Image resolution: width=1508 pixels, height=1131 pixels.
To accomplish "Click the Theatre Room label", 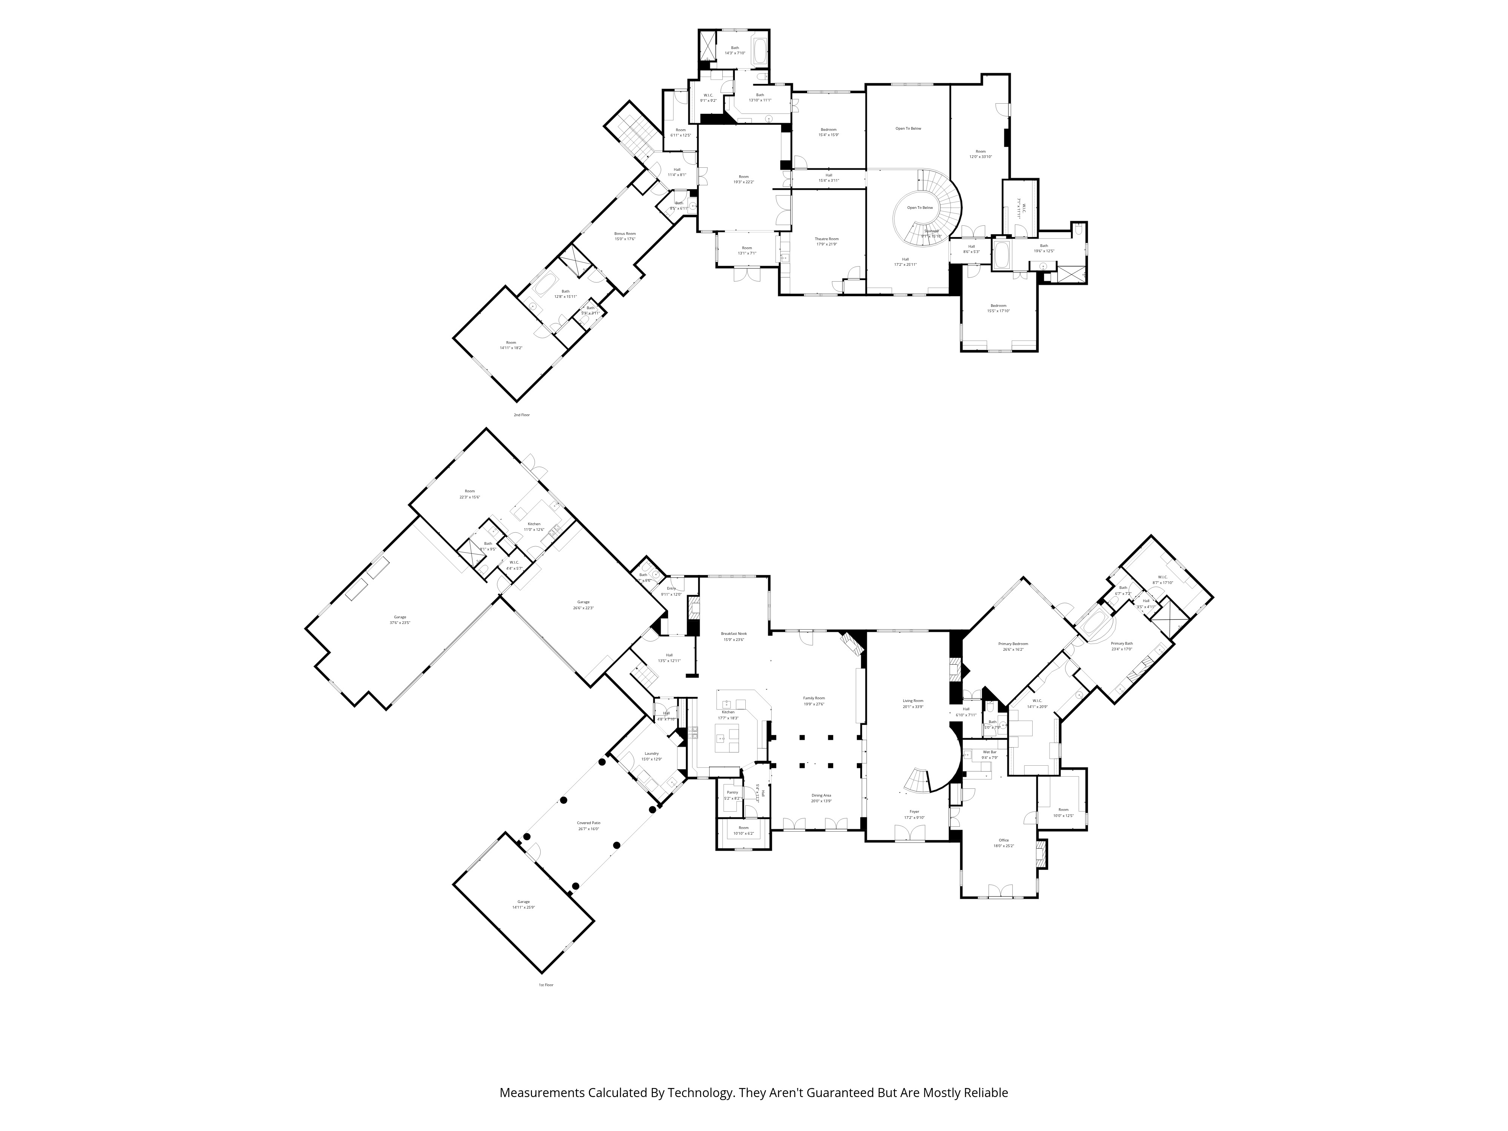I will tap(826, 239).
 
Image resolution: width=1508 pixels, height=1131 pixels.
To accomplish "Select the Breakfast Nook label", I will tap(734, 633).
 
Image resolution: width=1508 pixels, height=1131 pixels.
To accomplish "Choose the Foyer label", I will tap(913, 811).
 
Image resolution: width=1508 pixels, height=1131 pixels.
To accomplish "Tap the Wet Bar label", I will tap(989, 752).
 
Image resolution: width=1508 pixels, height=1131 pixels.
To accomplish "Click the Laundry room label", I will tap(651, 753).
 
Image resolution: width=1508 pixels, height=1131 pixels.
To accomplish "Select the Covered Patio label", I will tap(588, 823).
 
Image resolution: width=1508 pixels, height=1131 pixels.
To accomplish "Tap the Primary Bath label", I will tap(1122, 644).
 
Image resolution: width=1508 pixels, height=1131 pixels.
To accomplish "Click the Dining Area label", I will tap(821, 795).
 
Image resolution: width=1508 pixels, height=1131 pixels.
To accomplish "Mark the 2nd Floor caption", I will tap(521, 414).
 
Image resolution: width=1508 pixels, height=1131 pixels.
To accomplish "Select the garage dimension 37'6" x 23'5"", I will tap(400, 622).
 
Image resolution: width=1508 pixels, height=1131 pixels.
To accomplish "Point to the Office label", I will tap(1004, 840).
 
